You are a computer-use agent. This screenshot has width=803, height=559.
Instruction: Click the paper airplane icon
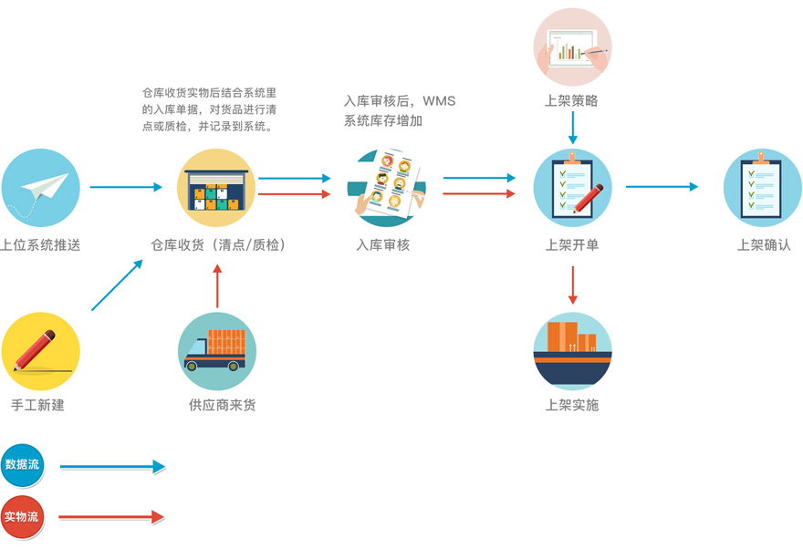[x=41, y=188]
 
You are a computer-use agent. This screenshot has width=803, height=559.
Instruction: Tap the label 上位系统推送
[x=41, y=244]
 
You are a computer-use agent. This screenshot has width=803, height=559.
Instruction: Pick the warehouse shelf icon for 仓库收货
[x=216, y=188]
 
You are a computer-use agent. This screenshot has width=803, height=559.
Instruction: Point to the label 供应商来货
[x=216, y=405]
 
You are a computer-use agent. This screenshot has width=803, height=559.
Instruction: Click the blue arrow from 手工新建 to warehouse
[x=117, y=285]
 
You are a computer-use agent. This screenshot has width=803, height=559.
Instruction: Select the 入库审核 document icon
[x=386, y=188]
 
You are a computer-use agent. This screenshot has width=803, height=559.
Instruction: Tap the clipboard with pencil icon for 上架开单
[x=572, y=188]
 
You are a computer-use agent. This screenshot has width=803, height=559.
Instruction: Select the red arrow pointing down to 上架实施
[x=572, y=285]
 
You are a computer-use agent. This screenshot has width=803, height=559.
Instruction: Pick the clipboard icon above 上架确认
[x=763, y=188]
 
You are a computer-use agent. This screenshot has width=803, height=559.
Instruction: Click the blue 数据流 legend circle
[x=22, y=464]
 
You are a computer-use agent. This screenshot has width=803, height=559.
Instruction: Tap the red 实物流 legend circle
[x=22, y=517]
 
